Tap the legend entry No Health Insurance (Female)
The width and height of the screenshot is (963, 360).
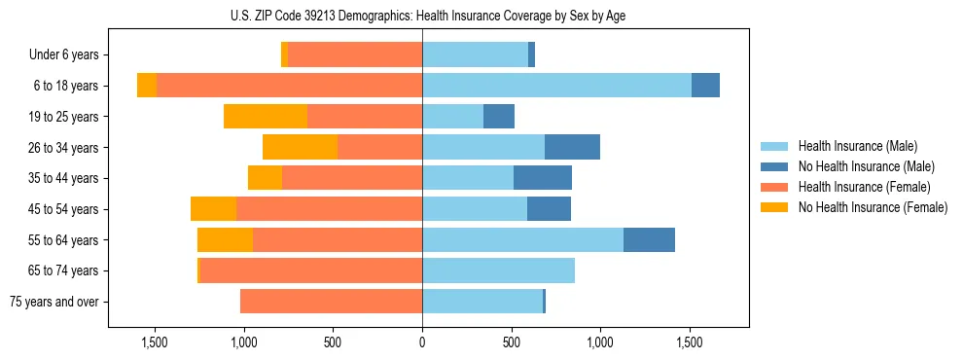pos(873,207)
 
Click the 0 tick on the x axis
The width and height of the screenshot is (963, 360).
pos(422,342)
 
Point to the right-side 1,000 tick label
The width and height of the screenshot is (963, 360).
pos(600,342)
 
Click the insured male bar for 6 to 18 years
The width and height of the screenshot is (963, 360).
pos(556,86)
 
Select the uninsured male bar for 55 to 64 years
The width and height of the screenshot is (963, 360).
pos(649,240)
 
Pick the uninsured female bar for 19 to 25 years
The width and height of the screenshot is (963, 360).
pos(266,117)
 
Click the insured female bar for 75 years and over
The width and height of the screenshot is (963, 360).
pos(331,302)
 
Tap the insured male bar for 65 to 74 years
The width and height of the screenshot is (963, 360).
pos(498,270)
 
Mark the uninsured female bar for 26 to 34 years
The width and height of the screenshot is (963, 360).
pos(300,148)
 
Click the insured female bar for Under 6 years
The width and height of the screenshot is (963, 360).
pos(355,55)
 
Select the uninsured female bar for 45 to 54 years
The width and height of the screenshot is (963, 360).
pos(213,209)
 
